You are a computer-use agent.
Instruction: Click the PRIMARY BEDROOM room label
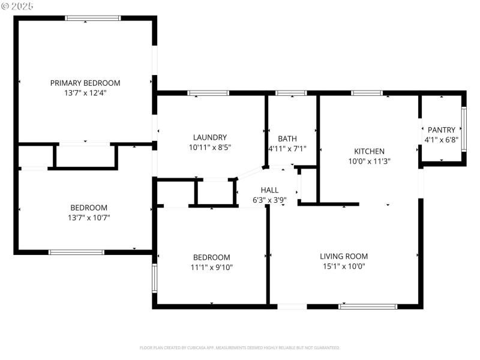tap(85, 83)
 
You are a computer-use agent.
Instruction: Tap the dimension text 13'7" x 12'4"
tap(85, 93)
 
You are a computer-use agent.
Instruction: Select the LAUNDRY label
tap(209, 137)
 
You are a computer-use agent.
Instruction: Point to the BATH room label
tap(287, 138)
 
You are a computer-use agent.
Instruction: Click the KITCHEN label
tap(369, 151)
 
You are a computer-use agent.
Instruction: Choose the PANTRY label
tap(441, 130)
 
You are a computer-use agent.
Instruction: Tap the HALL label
tap(269, 190)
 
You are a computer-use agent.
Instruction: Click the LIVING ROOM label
tap(343, 256)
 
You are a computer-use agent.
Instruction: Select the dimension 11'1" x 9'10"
tap(211, 267)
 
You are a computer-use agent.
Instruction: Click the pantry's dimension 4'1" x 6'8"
tap(441, 140)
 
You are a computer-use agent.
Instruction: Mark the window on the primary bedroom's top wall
tap(89, 19)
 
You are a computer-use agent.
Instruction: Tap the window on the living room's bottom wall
tap(368, 307)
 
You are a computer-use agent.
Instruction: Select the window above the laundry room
tap(208, 93)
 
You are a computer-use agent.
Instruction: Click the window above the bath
tap(291, 93)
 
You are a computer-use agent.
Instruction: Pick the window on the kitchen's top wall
tap(367, 93)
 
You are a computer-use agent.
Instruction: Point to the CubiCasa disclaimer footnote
tap(240, 348)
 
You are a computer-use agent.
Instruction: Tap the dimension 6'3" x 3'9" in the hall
tap(269, 200)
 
